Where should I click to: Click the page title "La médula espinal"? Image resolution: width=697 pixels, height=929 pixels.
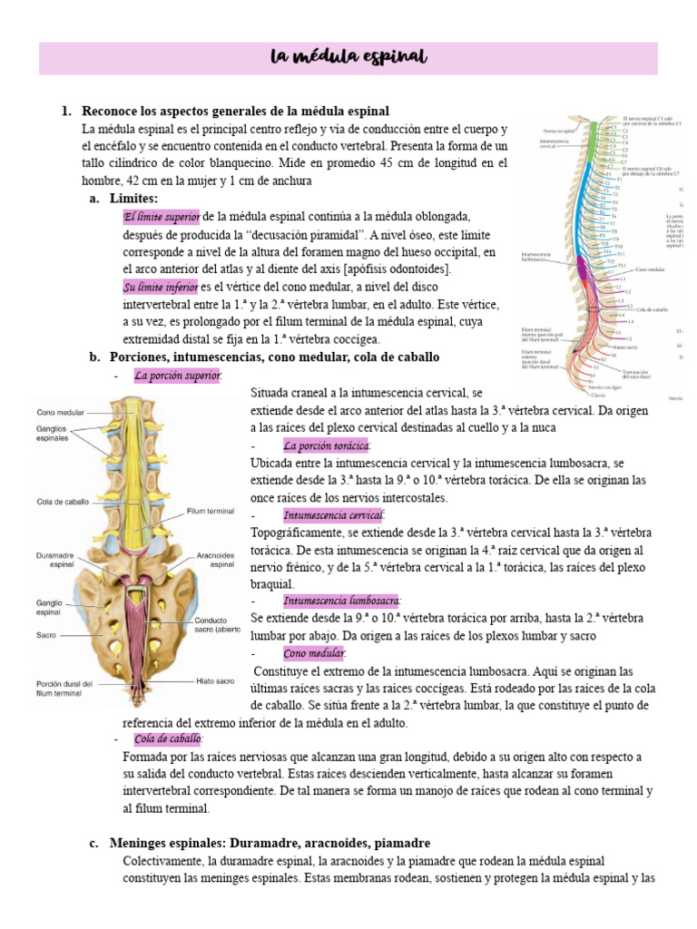(348, 58)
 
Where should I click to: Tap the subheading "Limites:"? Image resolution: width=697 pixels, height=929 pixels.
(133, 198)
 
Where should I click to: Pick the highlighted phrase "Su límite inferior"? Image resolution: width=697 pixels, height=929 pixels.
(161, 287)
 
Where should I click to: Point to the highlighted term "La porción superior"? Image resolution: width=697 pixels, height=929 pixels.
(176, 375)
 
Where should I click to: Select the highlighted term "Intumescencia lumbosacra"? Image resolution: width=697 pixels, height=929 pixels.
(342, 601)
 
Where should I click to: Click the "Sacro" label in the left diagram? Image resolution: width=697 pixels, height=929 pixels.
(46, 635)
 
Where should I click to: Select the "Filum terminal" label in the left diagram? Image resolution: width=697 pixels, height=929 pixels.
(210, 511)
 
